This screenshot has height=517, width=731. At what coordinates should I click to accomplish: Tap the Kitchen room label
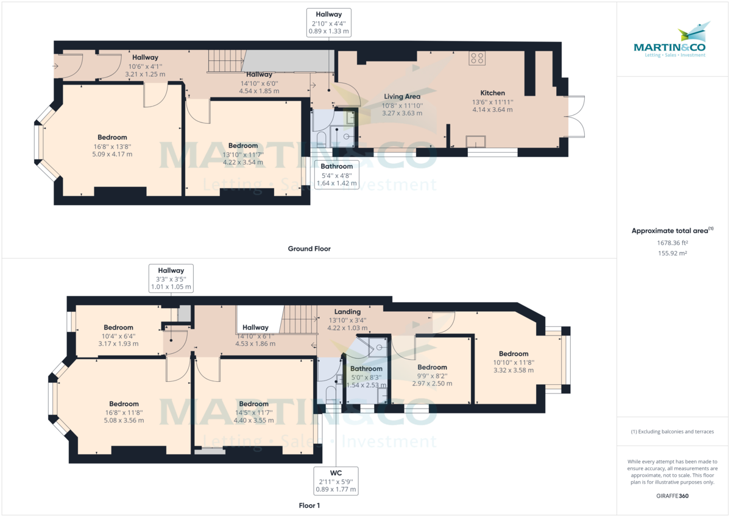click(x=492, y=93)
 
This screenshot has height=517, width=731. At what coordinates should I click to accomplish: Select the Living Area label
click(x=401, y=96)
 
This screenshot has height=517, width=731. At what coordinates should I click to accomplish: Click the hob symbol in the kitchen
click(x=477, y=58)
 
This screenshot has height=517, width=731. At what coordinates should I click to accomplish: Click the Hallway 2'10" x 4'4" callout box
click(x=328, y=23)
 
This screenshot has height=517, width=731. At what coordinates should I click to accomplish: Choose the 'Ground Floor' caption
click(x=309, y=248)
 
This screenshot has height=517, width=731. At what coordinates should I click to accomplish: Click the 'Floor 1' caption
click(x=309, y=505)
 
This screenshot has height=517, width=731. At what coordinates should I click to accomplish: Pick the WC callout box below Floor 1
click(x=336, y=480)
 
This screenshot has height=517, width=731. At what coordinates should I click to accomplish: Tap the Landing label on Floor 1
click(x=347, y=312)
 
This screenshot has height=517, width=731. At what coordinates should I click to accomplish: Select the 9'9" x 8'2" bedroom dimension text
click(x=432, y=376)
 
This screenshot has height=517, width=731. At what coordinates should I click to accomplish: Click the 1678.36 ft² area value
click(x=673, y=243)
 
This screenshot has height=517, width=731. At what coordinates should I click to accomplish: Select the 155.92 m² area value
click(x=673, y=253)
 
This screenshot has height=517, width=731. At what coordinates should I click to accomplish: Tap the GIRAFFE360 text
click(x=673, y=496)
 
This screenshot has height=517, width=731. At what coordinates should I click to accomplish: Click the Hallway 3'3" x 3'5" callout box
click(x=171, y=278)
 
